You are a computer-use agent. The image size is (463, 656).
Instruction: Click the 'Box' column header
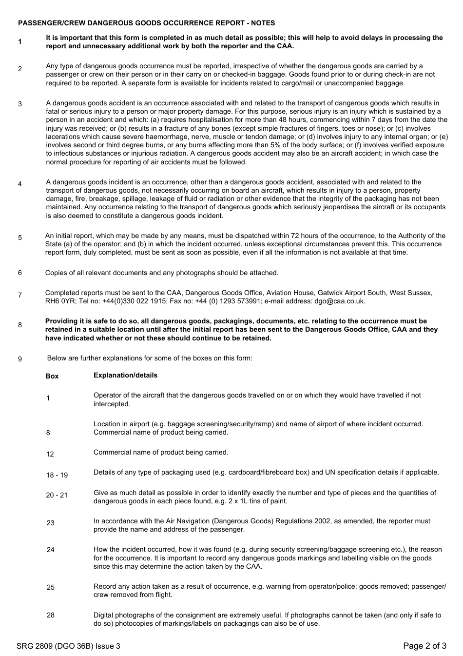click(x=52, y=376)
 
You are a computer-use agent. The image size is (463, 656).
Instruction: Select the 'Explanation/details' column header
click(x=125, y=375)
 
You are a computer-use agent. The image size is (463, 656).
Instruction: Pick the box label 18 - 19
click(x=57, y=475)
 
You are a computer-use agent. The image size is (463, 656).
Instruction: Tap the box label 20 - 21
click(x=57, y=495)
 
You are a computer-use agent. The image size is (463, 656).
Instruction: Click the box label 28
click(x=51, y=615)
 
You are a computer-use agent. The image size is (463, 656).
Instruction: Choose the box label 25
click(x=51, y=587)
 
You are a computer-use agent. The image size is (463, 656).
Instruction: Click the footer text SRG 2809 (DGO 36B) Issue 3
click(x=68, y=646)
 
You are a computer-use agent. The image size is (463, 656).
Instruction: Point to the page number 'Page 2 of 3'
click(x=424, y=646)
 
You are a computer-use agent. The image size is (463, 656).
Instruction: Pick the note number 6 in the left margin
click(x=20, y=273)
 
